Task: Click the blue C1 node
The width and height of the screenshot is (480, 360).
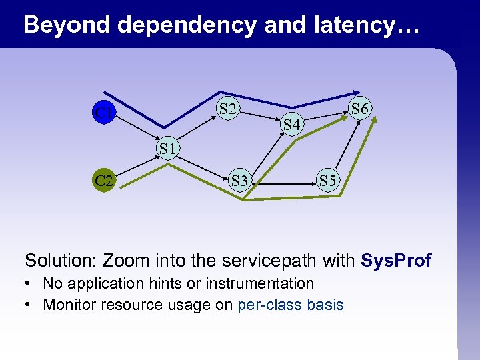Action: click(x=103, y=113)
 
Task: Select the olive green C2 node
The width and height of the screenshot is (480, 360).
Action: click(x=103, y=180)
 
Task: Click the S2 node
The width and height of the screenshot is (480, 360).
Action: click(x=227, y=109)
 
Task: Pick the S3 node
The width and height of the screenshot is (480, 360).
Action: click(x=239, y=180)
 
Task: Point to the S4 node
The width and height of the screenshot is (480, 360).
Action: click(x=291, y=123)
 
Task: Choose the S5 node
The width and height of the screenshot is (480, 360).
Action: click(x=327, y=180)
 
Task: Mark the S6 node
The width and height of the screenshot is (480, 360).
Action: click(x=361, y=108)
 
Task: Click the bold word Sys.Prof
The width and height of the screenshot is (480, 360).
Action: click(x=395, y=260)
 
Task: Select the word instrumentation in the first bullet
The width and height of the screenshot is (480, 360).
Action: click(x=259, y=283)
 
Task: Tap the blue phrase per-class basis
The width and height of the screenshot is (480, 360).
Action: click(x=290, y=305)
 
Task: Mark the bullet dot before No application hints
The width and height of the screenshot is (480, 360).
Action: click(x=30, y=284)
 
